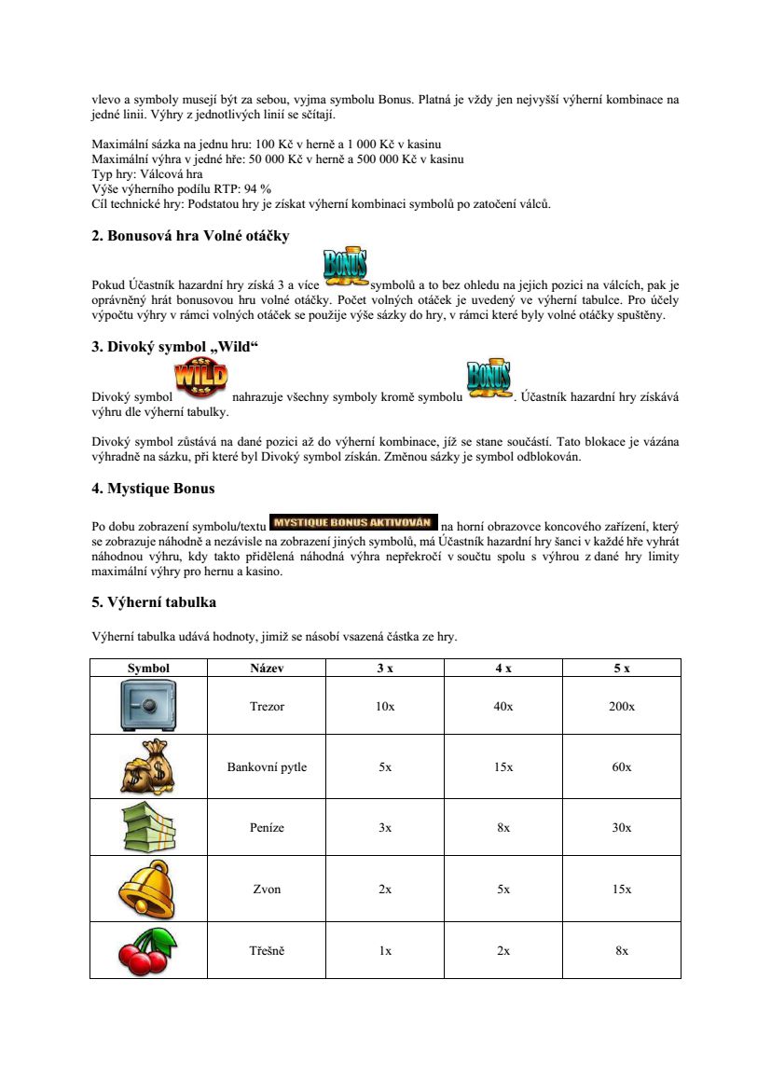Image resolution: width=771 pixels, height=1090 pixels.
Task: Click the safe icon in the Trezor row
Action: pos(148,705)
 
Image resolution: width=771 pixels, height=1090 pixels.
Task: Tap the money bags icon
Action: pos(148,766)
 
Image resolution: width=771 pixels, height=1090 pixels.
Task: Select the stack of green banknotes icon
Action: pos(148,828)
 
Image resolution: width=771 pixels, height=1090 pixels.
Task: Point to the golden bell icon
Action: pos(148,889)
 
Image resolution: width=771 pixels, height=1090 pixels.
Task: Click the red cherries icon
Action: pos(148,949)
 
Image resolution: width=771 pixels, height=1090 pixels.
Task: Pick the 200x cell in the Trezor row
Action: pos(622,707)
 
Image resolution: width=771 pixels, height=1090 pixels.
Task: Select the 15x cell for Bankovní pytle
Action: pos(503,767)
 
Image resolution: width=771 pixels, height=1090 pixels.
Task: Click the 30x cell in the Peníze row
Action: pos(622,828)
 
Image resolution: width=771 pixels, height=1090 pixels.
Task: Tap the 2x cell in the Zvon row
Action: pos(385,890)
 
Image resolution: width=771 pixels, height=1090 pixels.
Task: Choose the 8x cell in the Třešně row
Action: pos(622,951)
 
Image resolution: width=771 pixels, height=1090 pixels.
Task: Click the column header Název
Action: pos(267,669)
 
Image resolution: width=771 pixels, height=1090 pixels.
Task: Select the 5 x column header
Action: pos(622,669)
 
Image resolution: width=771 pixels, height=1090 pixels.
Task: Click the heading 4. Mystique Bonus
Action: pos(153,488)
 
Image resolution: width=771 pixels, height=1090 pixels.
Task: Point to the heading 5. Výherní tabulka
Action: pos(154,602)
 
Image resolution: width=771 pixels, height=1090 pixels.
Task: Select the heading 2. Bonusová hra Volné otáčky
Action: pos(190,236)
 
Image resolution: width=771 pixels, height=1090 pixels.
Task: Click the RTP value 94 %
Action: pos(256,188)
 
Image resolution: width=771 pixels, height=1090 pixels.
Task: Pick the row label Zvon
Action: pos(267,890)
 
